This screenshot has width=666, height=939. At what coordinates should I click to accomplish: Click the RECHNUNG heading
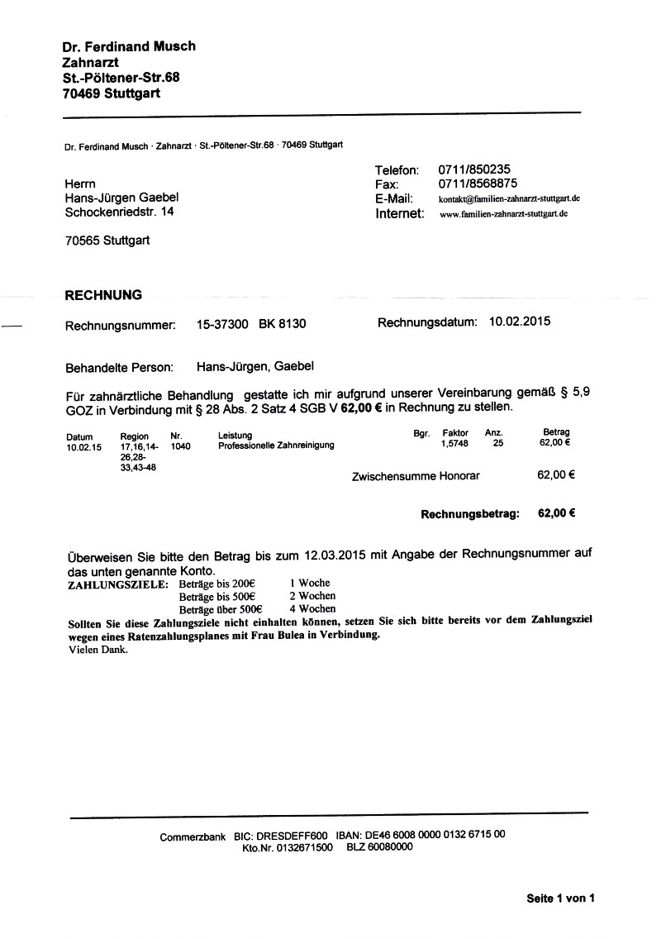click(103, 295)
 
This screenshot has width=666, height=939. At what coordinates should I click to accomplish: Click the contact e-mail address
click(508, 199)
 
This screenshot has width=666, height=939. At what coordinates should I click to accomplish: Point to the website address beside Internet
click(504, 214)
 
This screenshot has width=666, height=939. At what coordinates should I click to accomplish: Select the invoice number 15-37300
click(222, 325)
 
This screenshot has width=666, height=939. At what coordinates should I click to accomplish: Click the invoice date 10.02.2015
click(520, 322)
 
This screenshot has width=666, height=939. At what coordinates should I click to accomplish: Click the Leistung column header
click(235, 436)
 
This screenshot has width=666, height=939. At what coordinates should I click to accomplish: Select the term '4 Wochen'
click(312, 608)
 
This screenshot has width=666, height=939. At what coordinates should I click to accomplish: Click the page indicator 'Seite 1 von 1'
click(560, 898)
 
